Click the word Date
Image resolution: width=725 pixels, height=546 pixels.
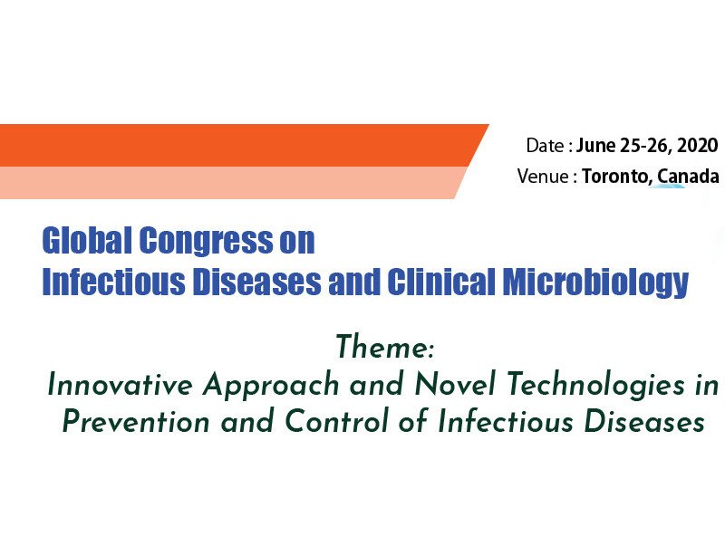[545, 146]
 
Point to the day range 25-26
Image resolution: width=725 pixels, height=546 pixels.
[643, 146]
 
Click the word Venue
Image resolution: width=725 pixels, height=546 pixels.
[542, 176]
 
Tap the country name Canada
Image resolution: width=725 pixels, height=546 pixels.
[688, 176]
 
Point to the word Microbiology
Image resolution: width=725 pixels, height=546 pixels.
[595, 282]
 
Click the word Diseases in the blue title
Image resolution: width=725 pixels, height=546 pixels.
[256, 281]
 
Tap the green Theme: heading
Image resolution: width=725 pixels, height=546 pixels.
[384, 347]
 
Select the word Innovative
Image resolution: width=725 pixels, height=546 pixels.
[120, 384]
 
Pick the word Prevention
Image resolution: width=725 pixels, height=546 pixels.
[135, 421]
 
